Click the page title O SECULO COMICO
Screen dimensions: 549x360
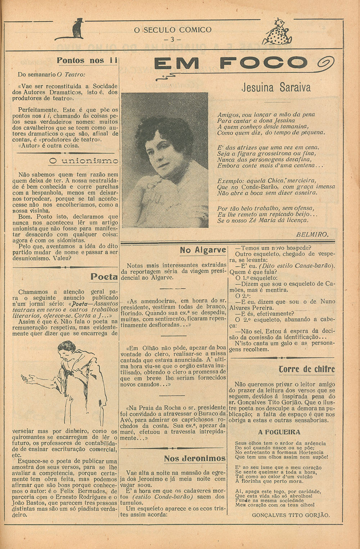tap(172, 30)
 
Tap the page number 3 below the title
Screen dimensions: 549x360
tap(172, 39)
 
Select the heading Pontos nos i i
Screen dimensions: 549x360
tap(87, 60)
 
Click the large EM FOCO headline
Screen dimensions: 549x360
tap(230, 64)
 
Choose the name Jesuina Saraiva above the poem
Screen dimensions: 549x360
tap(276, 87)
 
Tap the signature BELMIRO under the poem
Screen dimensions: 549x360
tap(312, 235)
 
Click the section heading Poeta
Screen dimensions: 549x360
tap(104, 277)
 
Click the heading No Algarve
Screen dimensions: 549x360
tap(203, 250)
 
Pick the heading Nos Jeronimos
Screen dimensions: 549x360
tap(195, 458)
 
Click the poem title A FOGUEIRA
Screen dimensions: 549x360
tap(279, 432)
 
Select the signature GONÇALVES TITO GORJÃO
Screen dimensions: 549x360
tap(291, 515)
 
